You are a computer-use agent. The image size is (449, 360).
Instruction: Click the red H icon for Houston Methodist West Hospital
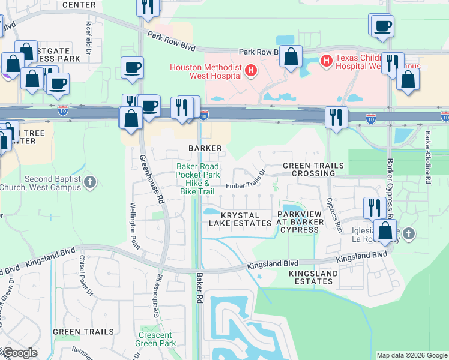(x=251, y=71)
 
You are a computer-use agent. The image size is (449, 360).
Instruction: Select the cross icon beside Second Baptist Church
(x=90, y=181)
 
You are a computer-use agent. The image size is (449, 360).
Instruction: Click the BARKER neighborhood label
(x=206, y=148)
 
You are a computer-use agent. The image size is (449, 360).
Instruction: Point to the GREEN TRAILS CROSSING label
(x=313, y=169)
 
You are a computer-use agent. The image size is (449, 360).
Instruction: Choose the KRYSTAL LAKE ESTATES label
(x=240, y=219)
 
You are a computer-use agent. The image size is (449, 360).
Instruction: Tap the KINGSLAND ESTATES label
(x=313, y=278)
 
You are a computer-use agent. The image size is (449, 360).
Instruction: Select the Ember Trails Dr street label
(x=245, y=186)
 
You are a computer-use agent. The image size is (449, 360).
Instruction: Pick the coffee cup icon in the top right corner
(x=382, y=26)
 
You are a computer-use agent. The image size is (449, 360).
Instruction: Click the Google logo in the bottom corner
(x=19, y=353)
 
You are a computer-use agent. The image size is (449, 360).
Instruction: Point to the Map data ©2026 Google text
(x=412, y=355)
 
